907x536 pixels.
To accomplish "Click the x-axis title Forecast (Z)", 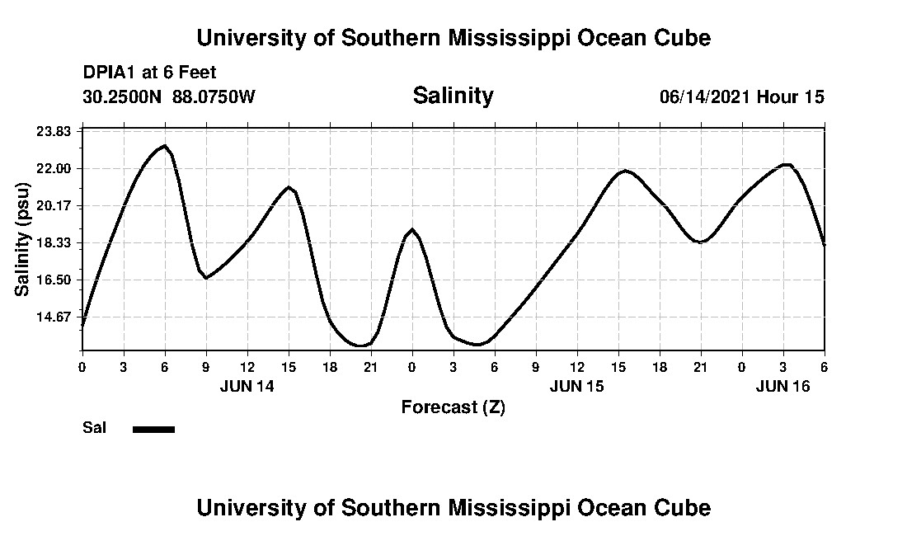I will click(x=453, y=407).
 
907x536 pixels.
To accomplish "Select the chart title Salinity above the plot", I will click(x=453, y=96).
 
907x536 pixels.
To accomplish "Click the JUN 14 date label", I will click(x=247, y=386).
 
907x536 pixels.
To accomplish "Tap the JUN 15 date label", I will click(x=577, y=386).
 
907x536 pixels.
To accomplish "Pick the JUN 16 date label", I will click(x=783, y=386).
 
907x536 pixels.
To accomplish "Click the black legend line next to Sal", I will click(x=153, y=429).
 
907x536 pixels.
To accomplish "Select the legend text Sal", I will click(x=94, y=428).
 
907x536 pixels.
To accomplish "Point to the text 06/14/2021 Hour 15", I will click(x=741, y=97).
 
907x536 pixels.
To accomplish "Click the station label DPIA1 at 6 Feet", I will click(x=149, y=73).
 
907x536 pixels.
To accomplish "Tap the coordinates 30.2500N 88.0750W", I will click(x=169, y=97).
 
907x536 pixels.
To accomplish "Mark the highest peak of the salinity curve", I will click(x=165, y=146).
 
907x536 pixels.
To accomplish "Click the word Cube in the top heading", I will click(x=681, y=38).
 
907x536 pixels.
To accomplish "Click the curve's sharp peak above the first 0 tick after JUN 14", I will click(x=412, y=229).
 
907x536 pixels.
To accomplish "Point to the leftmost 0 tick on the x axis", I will click(x=82, y=366).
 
